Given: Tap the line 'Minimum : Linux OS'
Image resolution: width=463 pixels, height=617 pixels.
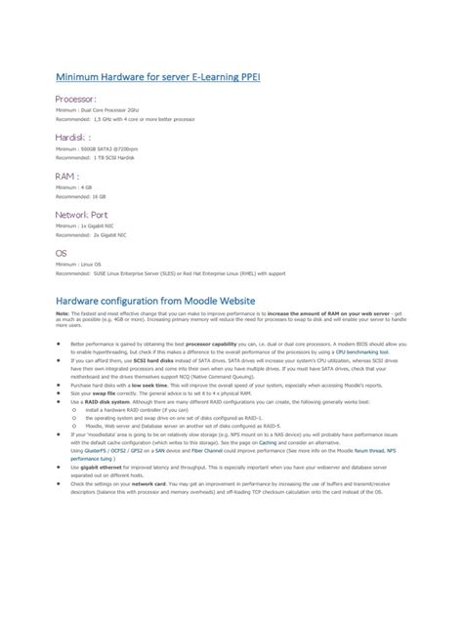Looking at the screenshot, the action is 78,265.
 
